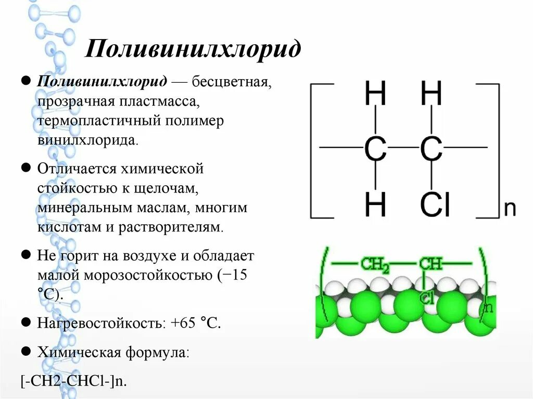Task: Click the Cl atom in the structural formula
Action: (x=435, y=205)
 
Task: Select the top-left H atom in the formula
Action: (x=375, y=96)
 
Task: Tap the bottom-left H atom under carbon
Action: (x=375, y=205)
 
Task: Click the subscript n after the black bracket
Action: (x=510, y=209)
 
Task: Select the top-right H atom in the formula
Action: (x=431, y=96)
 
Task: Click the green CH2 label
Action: (x=375, y=265)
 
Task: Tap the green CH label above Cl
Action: (x=430, y=264)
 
